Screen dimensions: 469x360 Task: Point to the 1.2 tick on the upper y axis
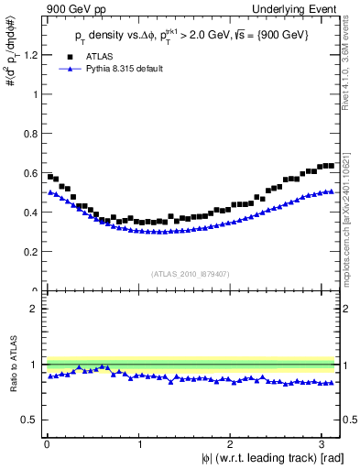coord(31,55)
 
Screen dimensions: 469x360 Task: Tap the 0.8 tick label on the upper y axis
coord(31,134)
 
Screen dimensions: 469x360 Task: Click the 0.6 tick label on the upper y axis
coord(31,173)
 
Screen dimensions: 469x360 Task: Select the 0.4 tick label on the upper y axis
coord(31,213)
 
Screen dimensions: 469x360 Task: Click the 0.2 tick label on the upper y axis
coord(31,252)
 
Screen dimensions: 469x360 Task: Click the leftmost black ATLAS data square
coord(50,176)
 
